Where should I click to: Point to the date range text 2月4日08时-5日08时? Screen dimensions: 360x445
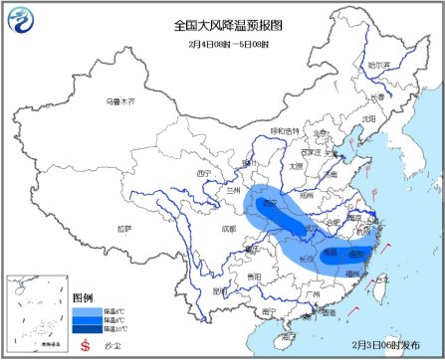click(222, 44)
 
